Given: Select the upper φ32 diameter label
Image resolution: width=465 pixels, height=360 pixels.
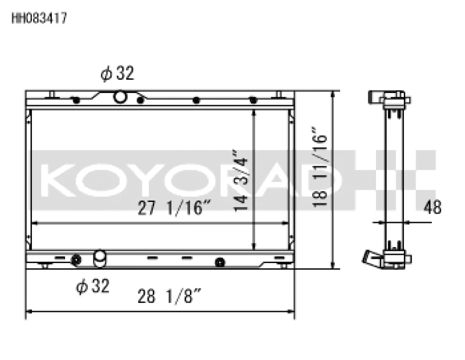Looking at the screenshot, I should pos(117,73).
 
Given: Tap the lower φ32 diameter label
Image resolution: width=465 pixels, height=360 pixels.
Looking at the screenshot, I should pos(92,286).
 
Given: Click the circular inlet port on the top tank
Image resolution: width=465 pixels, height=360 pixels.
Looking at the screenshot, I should pos(120,97).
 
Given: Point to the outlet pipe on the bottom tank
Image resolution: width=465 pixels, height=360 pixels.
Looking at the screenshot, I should pos(100,257).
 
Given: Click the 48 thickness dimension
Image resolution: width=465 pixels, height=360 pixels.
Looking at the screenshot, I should pos(432,207).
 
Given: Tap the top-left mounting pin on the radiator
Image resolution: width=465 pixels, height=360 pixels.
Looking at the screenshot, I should pos(52,95).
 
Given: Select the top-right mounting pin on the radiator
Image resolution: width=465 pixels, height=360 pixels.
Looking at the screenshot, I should pos(278,95).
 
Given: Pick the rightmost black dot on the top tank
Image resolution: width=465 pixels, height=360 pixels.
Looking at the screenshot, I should pos(253,99).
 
